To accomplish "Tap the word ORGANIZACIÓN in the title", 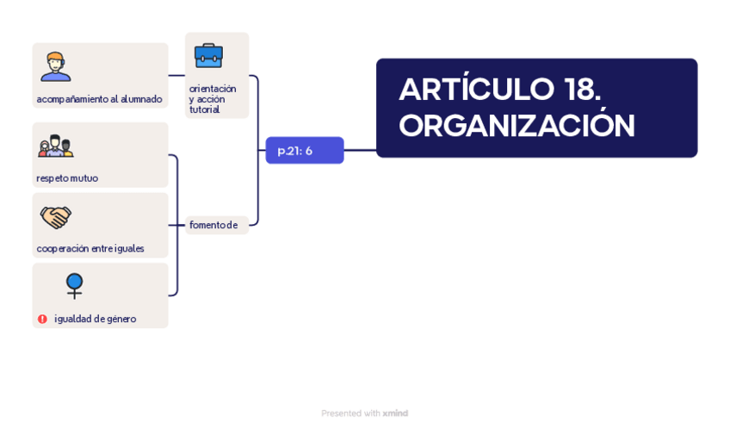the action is [x=517, y=126].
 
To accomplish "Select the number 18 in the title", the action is [x=582, y=90].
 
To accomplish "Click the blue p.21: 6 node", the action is [x=304, y=151].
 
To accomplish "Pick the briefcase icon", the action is [x=208, y=55].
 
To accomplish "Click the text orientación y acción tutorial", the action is [x=213, y=99].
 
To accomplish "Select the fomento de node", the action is [x=213, y=225].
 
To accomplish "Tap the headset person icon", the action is [x=55, y=66].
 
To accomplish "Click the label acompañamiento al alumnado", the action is [x=99, y=99].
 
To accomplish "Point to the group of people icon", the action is [x=55, y=146].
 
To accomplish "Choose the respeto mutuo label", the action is [x=67, y=178].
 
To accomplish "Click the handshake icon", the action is [x=56, y=216].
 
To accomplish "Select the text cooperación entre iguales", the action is [x=90, y=249].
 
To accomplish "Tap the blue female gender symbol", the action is [x=75, y=285].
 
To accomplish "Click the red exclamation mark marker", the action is [x=42, y=319].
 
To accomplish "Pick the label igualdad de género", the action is [x=95, y=319].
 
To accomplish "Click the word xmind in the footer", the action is [x=395, y=414].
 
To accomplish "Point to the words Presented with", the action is [x=350, y=414].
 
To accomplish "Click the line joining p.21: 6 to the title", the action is [x=360, y=151].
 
